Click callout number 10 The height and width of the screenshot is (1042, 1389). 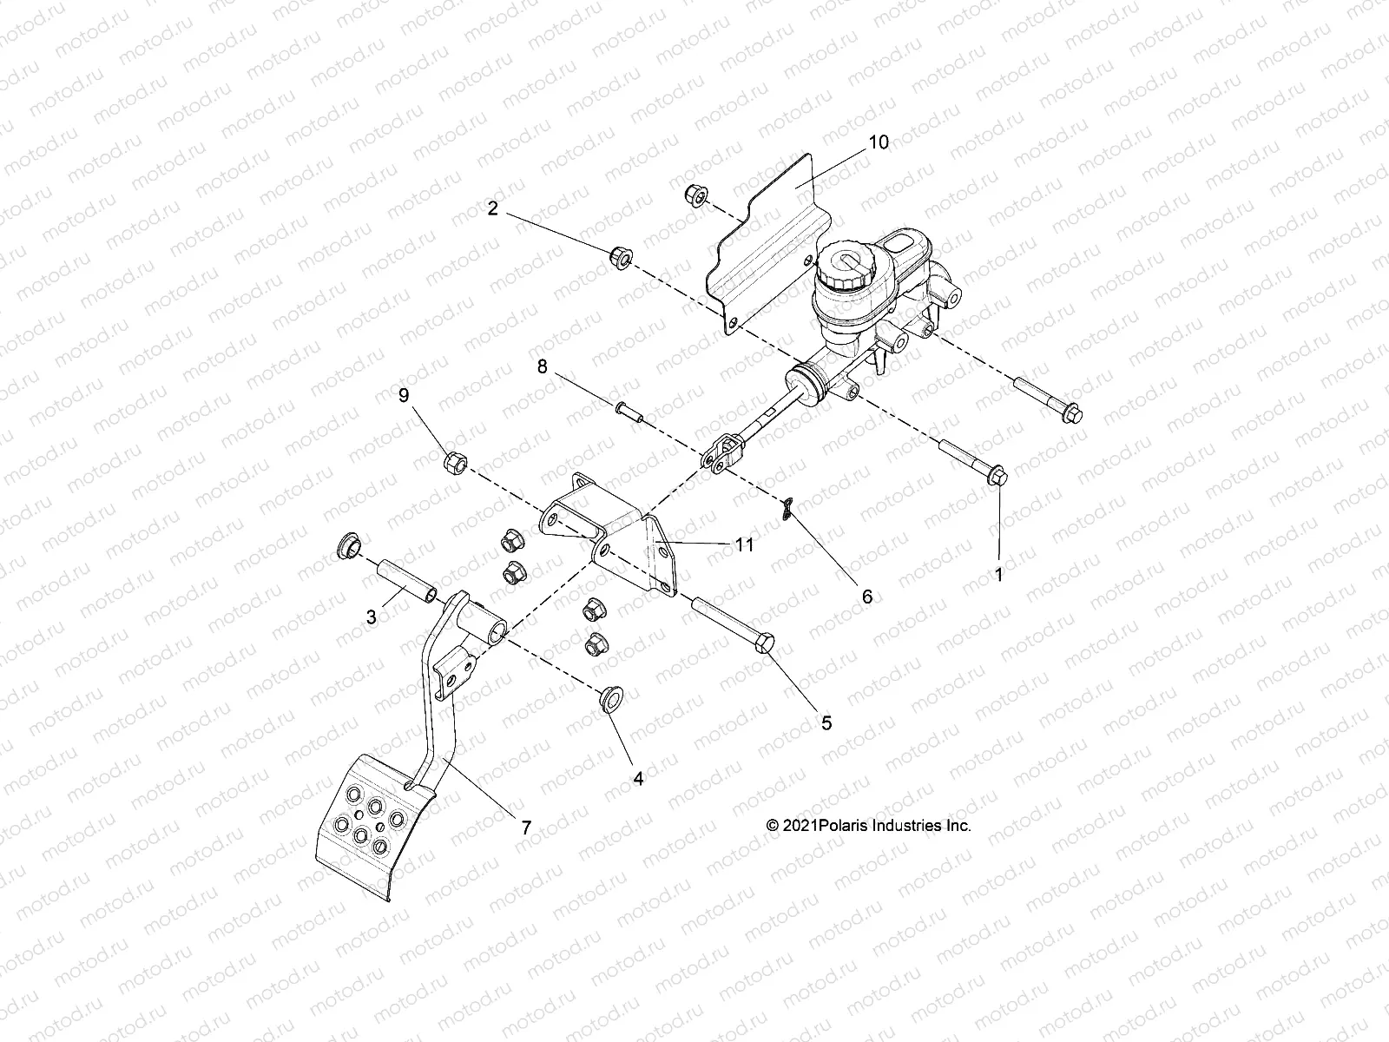[879, 142]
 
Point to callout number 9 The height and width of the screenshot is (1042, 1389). [403, 396]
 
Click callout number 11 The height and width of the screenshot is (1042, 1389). [743, 545]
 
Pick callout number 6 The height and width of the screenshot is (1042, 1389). [866, 597]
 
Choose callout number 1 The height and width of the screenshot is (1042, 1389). [998, 575]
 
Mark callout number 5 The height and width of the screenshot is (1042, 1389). [826, 722]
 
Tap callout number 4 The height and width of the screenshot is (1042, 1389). [638, 779]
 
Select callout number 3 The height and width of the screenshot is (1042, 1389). [372, 617]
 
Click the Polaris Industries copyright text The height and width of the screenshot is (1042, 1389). [868, 826]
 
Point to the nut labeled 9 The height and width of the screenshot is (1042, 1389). [455, 462]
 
